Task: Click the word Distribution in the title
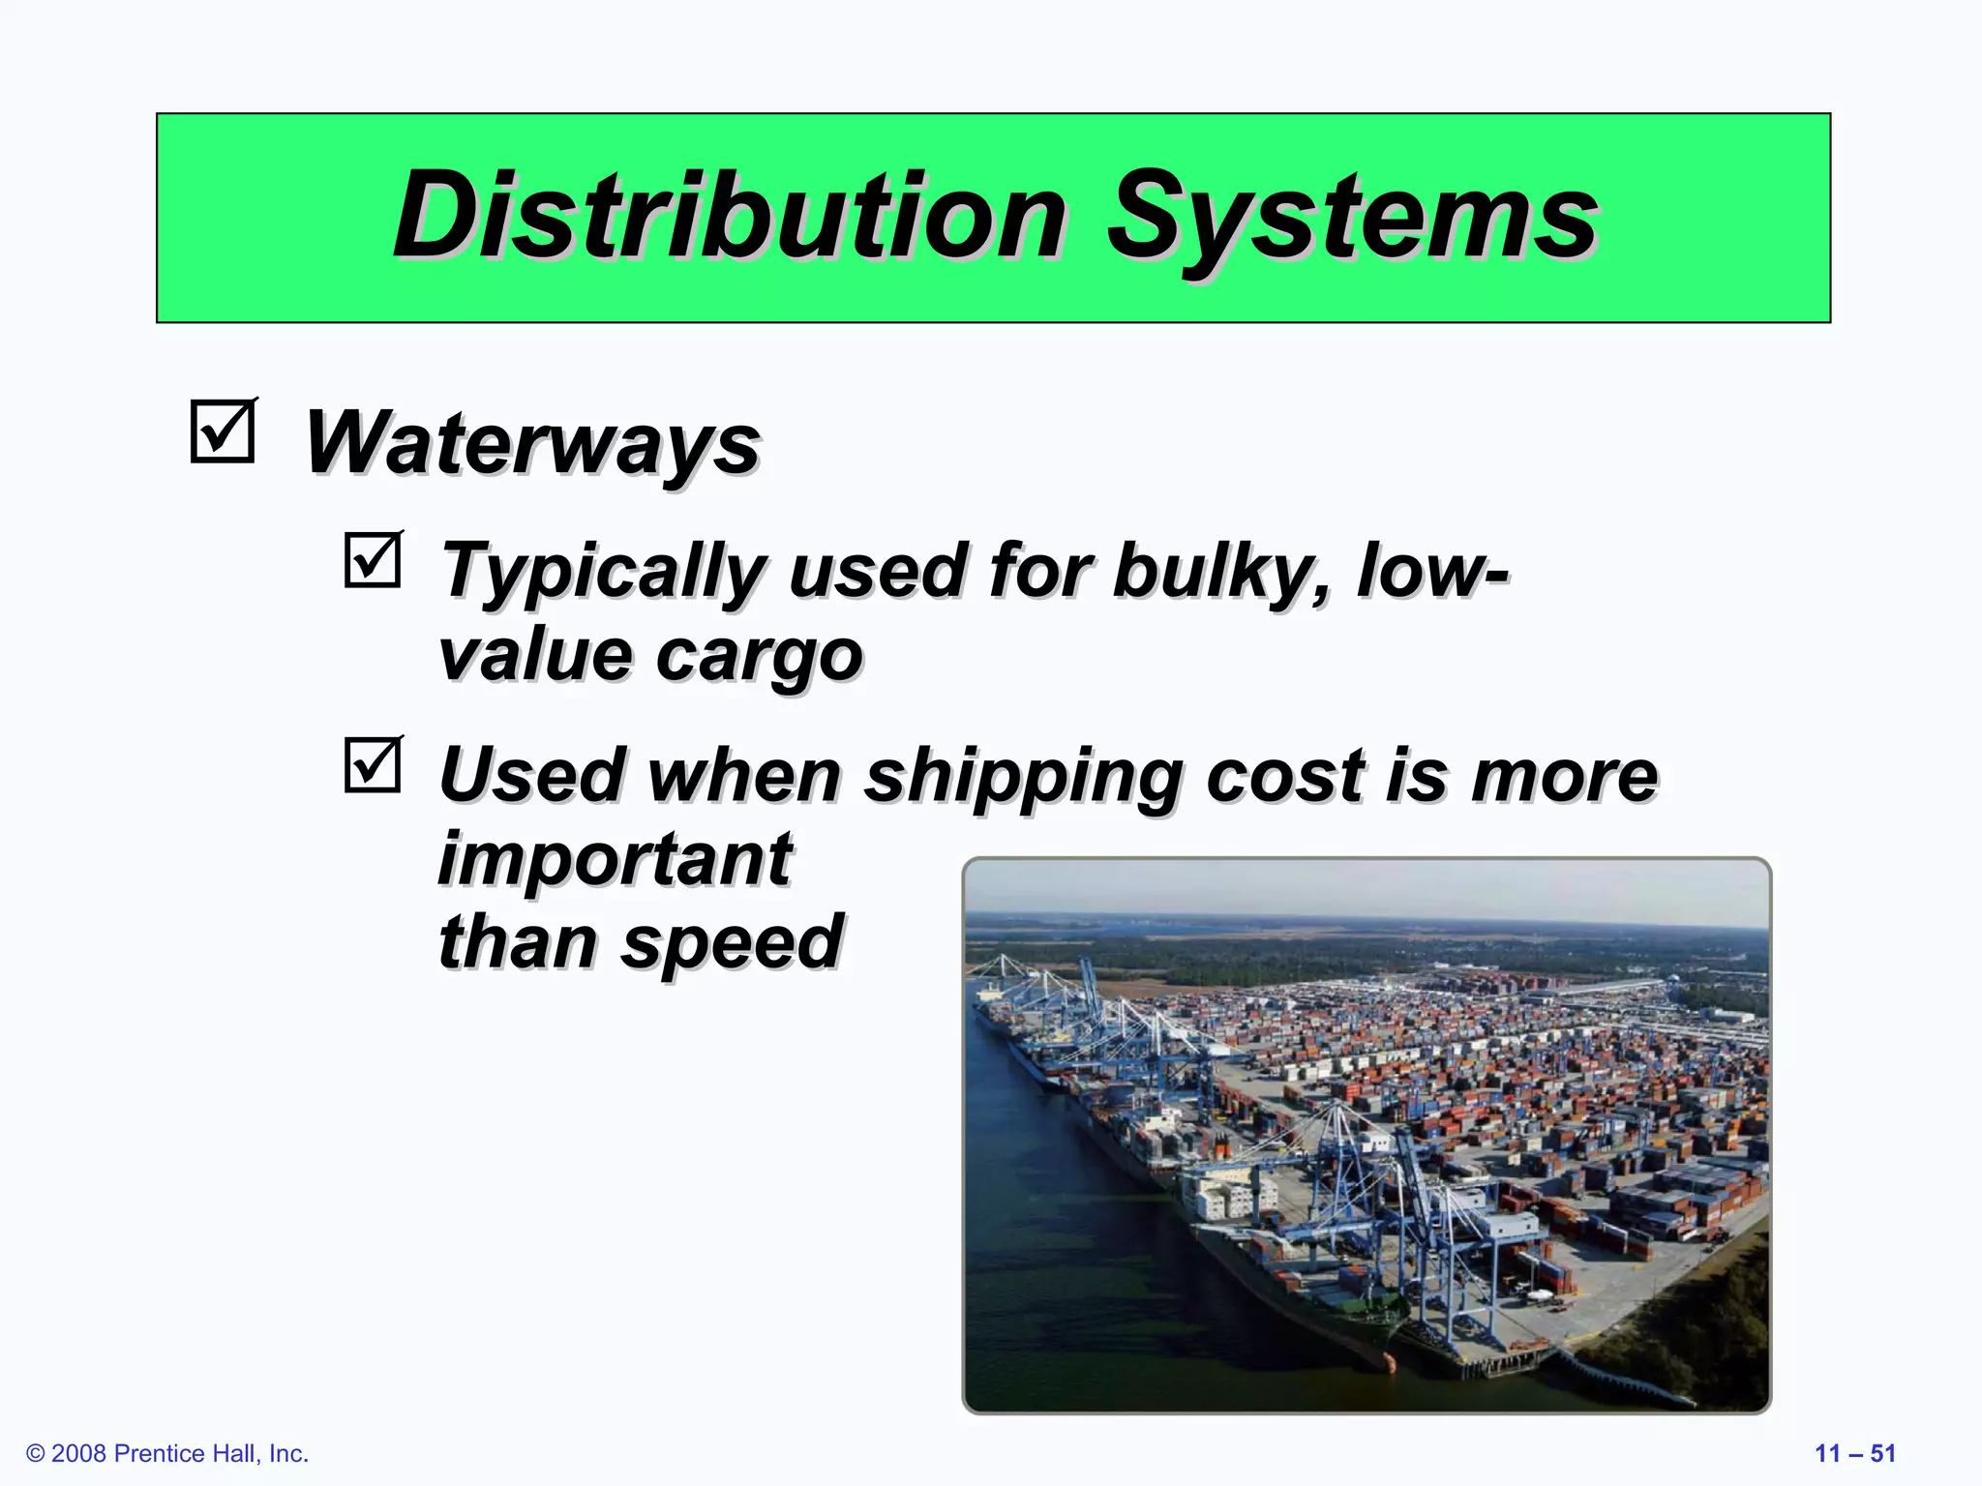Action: [x=731, y=216]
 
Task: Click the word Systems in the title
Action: [x=1351, y=218]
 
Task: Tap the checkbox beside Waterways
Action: [x=223, y=431]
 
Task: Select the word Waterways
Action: [x=532, y=443]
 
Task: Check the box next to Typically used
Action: [x=373, y=560]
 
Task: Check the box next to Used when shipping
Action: [x=373, y=765]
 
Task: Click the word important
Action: [x=616, y=859]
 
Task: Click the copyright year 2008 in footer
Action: [x=78, y=1453]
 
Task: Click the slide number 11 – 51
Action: [x=1854, y=1453]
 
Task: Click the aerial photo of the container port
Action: [x=1366, y=1135]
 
